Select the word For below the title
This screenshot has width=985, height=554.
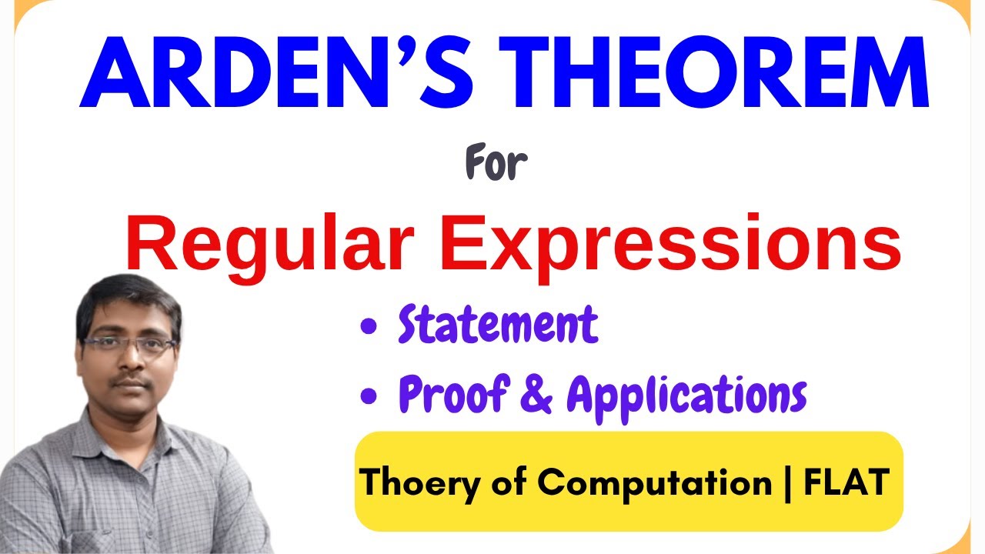pos(497,165)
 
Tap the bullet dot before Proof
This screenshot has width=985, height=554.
pos(370,395)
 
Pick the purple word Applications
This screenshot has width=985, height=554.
pos(686,395)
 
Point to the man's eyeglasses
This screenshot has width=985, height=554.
pos(129,344)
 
